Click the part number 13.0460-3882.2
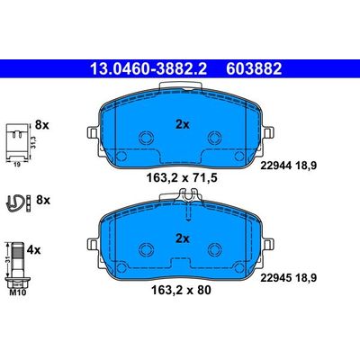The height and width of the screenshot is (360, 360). pos(148,68)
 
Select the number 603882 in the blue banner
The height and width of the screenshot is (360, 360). pos(254,68)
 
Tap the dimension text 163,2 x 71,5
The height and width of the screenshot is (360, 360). pos(182,178)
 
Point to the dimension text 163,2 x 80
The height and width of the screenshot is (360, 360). pos(182,290)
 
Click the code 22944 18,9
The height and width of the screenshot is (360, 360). pos(289,166)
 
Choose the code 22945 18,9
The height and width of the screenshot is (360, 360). pos(289,278)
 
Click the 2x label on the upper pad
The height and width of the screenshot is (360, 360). pos(183,124)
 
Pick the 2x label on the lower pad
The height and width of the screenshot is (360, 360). pos(183,238)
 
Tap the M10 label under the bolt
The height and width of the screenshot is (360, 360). pos(18,292)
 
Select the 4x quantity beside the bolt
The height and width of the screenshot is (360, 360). pos(33,249)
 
